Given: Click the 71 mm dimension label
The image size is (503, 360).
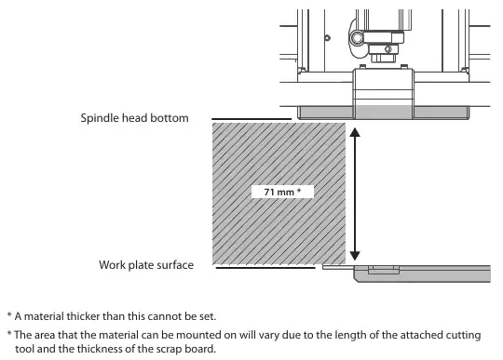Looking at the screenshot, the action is click(x=282, y=192).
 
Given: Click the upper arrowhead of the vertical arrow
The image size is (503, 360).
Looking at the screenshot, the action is click(x=355, y=132).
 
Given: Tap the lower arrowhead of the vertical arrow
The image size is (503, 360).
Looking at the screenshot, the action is click(x=355, y=256).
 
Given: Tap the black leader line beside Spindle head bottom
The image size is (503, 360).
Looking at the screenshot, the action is click(x=251, y=119).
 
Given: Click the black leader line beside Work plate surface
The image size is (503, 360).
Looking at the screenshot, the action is click(x=265, y=268).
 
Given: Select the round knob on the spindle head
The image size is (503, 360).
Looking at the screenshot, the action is click(x=357, y=38).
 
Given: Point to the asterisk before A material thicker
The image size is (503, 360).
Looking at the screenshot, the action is click(x=9, y=314).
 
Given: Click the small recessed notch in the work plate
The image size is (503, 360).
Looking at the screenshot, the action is click(x=384, y=270).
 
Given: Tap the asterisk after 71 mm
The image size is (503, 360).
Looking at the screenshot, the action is click(x=299, y=191).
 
